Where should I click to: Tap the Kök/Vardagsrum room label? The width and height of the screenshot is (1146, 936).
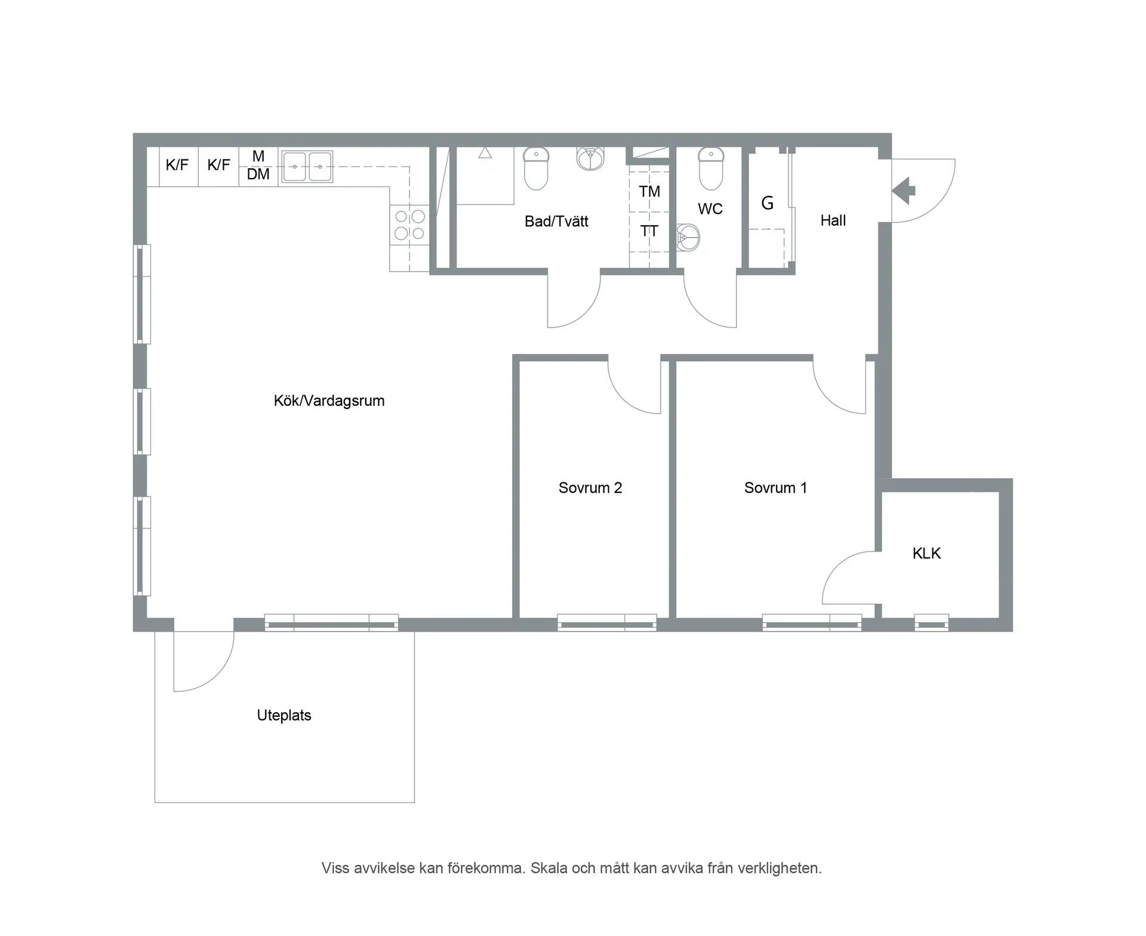[329, 401]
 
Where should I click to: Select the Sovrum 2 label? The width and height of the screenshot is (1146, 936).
[590, 488]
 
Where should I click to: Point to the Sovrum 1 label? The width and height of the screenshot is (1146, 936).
[775, 488]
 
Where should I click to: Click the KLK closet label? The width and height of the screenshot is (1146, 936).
[926, 553]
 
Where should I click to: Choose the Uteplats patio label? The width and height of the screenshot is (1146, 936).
[284, 715]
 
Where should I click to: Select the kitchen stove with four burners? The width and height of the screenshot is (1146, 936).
[409, 224]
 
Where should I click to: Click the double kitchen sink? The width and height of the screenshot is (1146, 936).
[307, 167]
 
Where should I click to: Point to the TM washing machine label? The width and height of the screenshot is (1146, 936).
[649, 192]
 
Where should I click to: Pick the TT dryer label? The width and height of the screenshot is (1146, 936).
[649, 231]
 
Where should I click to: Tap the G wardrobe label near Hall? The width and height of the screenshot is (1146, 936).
[767, 204]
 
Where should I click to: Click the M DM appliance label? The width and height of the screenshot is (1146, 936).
[258, 165]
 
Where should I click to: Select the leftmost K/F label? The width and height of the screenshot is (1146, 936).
[177, 165]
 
